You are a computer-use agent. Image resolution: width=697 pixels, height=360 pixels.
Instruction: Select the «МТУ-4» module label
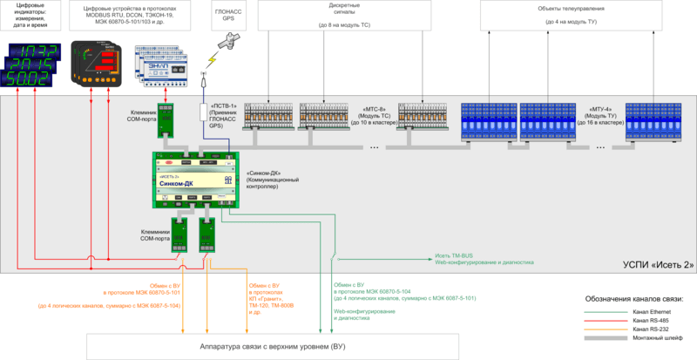point(601,110)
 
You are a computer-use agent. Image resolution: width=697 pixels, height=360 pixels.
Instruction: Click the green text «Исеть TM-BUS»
point(454,255)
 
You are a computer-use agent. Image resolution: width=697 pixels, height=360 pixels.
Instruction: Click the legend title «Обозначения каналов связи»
point(634,299)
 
